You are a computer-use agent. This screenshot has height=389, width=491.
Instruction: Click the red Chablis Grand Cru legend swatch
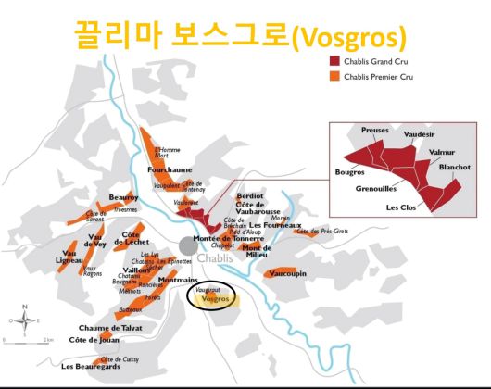point(335,60)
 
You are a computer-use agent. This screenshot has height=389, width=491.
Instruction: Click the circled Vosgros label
point(216,299)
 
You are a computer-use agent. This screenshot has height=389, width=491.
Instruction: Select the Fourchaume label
point(170,170)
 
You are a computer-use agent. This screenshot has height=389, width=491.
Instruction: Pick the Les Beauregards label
point(92,368)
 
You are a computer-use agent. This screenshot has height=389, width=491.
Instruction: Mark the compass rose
point(26,320)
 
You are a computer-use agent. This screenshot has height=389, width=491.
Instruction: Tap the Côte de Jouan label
point(94,340)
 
